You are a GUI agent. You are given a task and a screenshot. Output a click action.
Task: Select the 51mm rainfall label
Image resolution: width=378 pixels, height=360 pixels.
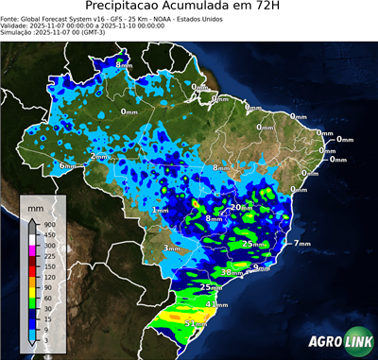pyautogui.click(x=195, y=323)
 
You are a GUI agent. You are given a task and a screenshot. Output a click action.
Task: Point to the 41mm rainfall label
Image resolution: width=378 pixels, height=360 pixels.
pyautogui.click(x=216, y=304)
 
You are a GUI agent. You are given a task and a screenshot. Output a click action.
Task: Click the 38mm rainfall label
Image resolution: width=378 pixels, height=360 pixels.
pyautogui.click(x=232, y=272)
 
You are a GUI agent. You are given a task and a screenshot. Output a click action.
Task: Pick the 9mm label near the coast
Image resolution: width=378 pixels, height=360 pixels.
pyautogui.click(x=263, y=268)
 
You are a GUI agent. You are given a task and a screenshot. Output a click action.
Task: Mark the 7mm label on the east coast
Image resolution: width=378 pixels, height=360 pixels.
pyautogui.click(x=302, y=244)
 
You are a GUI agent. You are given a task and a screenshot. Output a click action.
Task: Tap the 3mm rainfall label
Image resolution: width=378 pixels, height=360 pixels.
pyautogui.click(x=172, y=249)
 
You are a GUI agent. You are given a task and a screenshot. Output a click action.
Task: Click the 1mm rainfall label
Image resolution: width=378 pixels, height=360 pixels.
pyautogui.click(x=160, y=210)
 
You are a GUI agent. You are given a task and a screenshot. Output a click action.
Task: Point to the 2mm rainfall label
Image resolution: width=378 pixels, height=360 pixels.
pyautogui.click(x=100, y=156)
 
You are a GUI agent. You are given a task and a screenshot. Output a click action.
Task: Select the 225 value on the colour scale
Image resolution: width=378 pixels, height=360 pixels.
pyautogui.click(x=46, y=256)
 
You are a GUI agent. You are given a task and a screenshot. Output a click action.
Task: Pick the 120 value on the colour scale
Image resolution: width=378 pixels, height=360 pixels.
pyautogui.click(x=46, y=278)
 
